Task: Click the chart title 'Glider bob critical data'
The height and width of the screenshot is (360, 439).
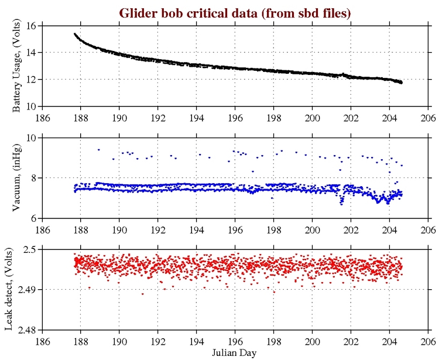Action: coord(235,12)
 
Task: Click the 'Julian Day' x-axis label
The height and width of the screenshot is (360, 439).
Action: coord(235,353)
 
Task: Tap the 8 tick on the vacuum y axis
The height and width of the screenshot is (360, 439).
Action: coord(35,177)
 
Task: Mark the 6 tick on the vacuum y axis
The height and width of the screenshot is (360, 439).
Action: coord(35,218)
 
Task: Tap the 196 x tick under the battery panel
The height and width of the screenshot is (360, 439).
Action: coord(235,116)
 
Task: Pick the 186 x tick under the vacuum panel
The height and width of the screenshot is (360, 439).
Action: coord(43,228)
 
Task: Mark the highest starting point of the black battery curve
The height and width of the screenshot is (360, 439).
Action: coord(75,34)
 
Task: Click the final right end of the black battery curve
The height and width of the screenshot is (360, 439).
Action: coord(401,83)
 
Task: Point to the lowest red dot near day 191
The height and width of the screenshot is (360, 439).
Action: coord(142,294)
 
